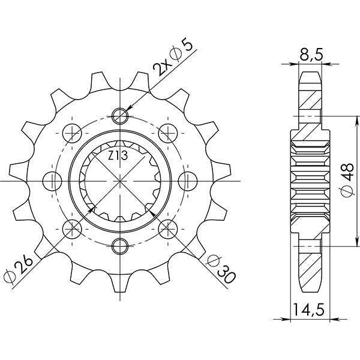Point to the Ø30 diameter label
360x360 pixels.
[x=221, y=267]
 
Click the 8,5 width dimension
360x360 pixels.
[x=311, y=56]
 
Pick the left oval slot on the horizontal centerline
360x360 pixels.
[x=53, y=179]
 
